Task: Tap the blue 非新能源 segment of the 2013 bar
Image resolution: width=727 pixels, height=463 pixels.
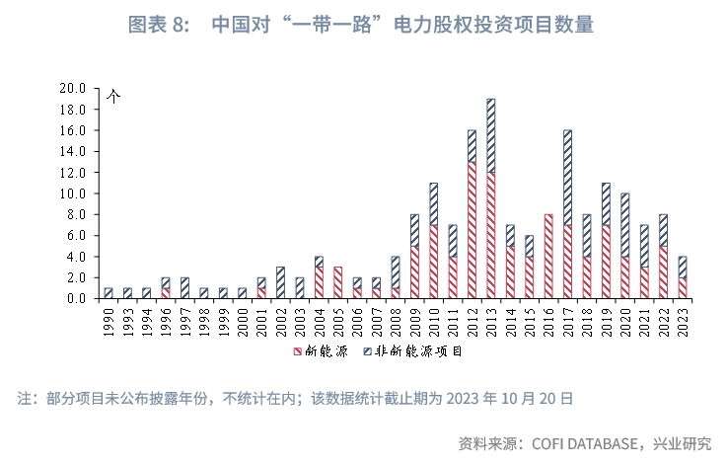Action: click(x=490, y=134)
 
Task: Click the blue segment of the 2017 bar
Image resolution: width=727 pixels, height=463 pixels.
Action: click(x=567, y=177)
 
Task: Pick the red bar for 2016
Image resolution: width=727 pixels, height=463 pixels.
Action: click(x=548, y=256)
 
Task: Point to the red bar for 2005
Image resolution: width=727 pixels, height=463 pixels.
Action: click(x=337, y=282)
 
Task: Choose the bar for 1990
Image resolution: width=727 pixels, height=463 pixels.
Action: click(x=108, y=293)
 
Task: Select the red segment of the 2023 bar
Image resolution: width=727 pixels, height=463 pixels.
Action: click(x=683, y=287)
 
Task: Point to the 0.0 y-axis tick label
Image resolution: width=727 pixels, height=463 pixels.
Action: click(x=78, y=298)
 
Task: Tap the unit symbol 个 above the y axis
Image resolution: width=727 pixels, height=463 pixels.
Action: click(x=112, y=97)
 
